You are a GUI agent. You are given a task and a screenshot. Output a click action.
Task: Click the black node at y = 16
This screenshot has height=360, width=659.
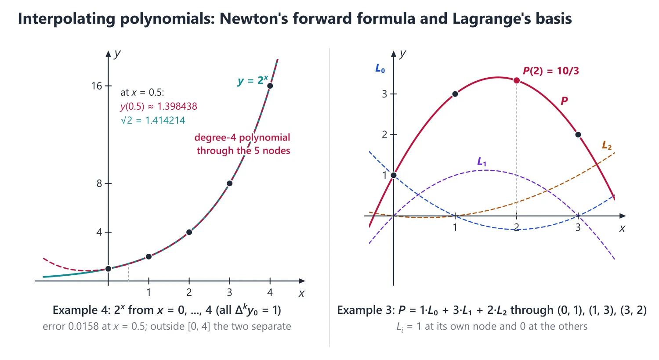coord(270,86)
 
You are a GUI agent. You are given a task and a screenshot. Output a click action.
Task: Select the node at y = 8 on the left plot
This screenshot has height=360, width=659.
coord(229,184)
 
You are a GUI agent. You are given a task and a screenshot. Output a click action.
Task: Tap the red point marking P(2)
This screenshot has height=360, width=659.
coord(516,80)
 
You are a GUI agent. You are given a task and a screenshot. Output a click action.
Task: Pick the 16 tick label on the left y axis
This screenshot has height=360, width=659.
coord(97,86)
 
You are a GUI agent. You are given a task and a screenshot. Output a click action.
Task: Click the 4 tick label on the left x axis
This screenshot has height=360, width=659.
coord(270,292)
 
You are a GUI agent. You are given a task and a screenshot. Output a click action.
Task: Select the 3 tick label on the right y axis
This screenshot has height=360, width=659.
coord(384,94)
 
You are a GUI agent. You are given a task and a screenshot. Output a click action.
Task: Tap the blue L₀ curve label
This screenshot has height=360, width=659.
coord(380,69)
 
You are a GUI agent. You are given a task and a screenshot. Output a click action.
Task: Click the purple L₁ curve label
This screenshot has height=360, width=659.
coord(482,162)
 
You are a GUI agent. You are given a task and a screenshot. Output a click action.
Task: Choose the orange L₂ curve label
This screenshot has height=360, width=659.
coord(607,145)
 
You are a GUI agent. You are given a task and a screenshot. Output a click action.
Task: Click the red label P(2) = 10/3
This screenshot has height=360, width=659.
coord(551,71)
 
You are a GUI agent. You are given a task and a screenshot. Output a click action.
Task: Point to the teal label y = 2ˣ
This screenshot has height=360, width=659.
coord(253,80)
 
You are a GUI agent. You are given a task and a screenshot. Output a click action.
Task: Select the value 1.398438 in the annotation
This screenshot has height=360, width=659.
coord(177,106)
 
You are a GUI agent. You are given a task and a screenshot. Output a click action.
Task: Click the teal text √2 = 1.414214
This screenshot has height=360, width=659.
coord(153,120)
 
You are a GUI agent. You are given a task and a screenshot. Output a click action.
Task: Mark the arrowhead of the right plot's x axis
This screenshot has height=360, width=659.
coord(623,216)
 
